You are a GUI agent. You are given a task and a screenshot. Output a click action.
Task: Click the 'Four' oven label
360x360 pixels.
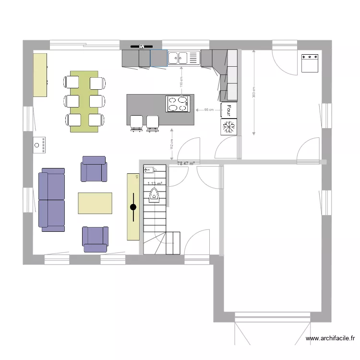coord(229,110)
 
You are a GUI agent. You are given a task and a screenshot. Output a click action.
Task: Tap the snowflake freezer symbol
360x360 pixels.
coord(229,126)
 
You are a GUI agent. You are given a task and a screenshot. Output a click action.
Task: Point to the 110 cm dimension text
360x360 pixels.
coord(181,82)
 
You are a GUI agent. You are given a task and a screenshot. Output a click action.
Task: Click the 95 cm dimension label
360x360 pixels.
coord(209,110)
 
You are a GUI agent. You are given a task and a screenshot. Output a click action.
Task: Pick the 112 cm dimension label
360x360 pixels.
coord(172,144)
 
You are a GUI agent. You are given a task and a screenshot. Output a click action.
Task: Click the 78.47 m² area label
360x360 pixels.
coord(186,164)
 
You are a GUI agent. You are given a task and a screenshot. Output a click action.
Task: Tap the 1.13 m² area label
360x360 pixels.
coord(155,183)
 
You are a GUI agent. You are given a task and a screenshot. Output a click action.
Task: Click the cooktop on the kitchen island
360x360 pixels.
coord(178,104)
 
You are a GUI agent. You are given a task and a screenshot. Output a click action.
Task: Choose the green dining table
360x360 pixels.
coord(84,101)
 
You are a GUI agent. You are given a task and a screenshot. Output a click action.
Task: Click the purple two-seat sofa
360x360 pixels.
coord(52,200)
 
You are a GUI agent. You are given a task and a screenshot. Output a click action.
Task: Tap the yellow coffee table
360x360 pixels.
coord(95,203)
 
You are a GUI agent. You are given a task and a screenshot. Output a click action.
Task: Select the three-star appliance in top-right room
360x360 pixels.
coord(310,63)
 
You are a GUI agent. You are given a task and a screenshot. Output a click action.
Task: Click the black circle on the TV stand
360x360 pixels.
coord(133,207)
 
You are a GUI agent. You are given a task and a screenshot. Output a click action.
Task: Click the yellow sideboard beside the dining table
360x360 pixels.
coord(40,75)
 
